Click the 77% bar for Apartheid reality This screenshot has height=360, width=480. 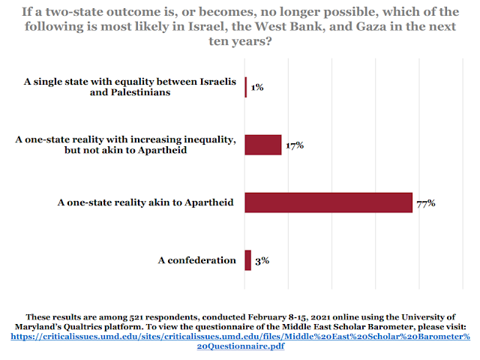point(328,202)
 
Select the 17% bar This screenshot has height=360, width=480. point(262,145)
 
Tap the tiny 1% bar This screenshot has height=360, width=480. point(245,87)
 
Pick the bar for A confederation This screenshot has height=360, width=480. point(247,260)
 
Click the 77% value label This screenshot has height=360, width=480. point(426,202)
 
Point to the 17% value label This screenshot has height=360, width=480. point(294,145)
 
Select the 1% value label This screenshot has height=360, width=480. point(257,87)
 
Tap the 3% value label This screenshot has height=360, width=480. point(261,260)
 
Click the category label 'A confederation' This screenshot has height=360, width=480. point(196,260)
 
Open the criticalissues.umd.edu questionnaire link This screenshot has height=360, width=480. point(240,337)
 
